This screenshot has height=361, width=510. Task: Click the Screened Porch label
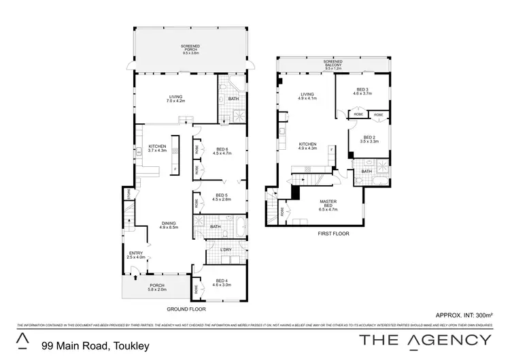pyautogui.click(x=189, y=48)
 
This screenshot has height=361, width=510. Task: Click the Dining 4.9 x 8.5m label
pyautogui.click(x=168, y=225)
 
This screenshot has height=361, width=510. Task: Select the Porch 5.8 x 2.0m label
pyautogui.click(x=157, y=288)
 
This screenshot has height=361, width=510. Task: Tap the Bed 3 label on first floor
pyautogui.click(x=362, y=92)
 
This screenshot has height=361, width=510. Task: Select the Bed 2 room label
pyautogui.click(x=370, y=140)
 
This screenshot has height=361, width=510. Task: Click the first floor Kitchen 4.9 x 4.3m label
pyautogui.click(x=308, y=146)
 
